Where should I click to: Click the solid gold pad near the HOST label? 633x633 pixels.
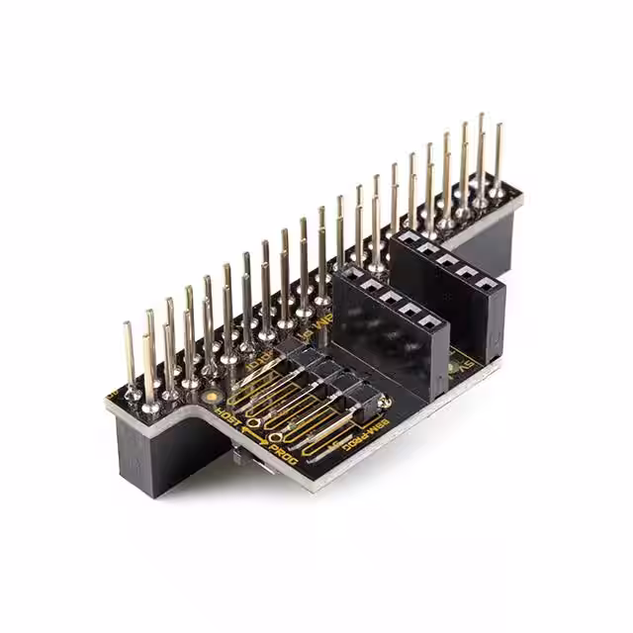pos(212,398)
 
